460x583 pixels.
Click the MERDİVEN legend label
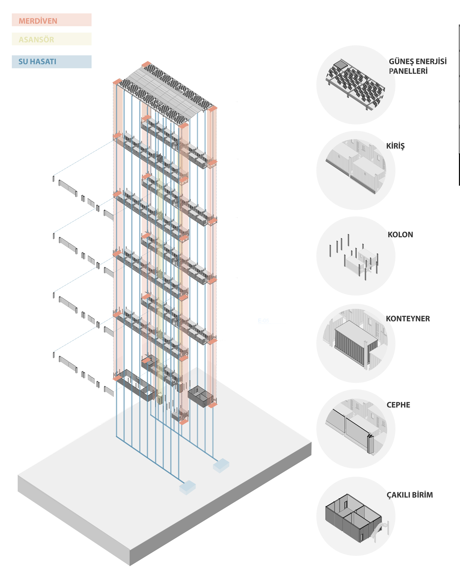click(x=38, y=21)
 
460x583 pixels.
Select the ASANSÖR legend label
click(x=36, y=40)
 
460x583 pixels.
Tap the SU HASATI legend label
click(x=37, y=62)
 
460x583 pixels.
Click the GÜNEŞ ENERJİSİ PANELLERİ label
click(x=417, y=66)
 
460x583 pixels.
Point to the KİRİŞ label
click(x=395, y=146)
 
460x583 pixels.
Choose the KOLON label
click(x=400, y=235)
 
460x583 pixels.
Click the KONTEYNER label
click(x=408, y=319)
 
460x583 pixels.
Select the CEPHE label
click(x=398, y=405)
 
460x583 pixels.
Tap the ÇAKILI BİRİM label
click(x=410, y=495)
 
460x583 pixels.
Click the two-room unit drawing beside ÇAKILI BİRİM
click(x=354, y=518)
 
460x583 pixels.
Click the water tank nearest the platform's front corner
click(x=187, y=487)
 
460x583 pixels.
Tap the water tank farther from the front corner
click(x=221, y=465)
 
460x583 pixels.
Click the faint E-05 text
click(x=263, y=321)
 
